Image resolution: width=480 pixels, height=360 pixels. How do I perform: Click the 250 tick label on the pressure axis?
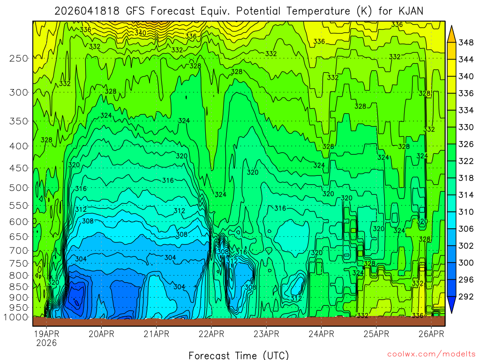coord(19,58)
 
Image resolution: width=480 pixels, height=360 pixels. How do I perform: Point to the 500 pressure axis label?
coord(19,187)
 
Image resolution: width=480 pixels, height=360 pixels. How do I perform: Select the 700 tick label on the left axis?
coord(19,249)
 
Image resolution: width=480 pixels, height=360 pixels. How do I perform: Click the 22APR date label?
coord(211,334)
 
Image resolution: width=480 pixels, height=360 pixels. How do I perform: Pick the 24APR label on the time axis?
coord(321,334)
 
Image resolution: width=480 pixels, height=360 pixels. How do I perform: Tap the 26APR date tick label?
coord(431,334)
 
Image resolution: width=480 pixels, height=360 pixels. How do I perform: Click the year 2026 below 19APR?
coord(46,343)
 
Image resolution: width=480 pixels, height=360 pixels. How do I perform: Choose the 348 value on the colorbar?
coord(466,43)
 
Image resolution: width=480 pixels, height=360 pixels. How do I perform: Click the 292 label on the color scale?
coord(466,296)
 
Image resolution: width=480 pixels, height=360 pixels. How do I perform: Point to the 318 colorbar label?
coord(466,178)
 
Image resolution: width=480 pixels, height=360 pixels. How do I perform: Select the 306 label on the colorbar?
coord(466,229)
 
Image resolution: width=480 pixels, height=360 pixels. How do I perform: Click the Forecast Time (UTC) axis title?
coord(239,355)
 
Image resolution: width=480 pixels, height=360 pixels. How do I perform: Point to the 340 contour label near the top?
coord(140,33)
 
